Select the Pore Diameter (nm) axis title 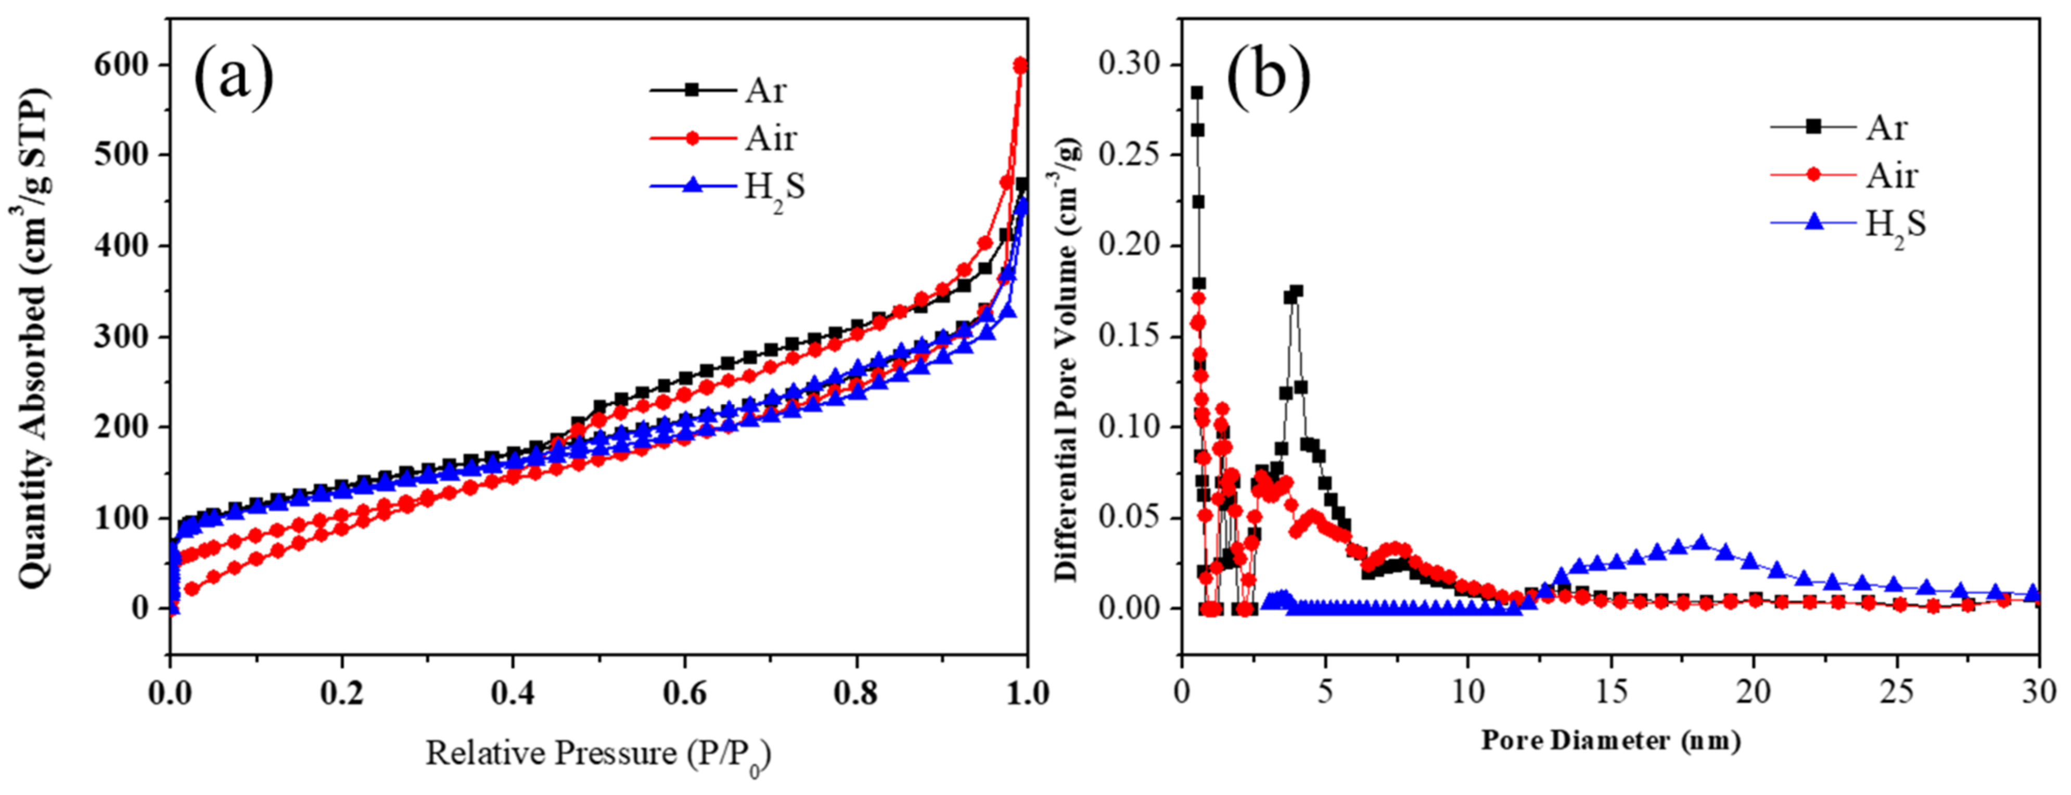click(x=1610, y=739)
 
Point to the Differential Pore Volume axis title click(x=1068, y=358)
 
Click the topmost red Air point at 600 click(x=1021, y=65)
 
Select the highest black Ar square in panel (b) click(x=1196, y=93)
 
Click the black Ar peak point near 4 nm click(x=1296, y=291)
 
